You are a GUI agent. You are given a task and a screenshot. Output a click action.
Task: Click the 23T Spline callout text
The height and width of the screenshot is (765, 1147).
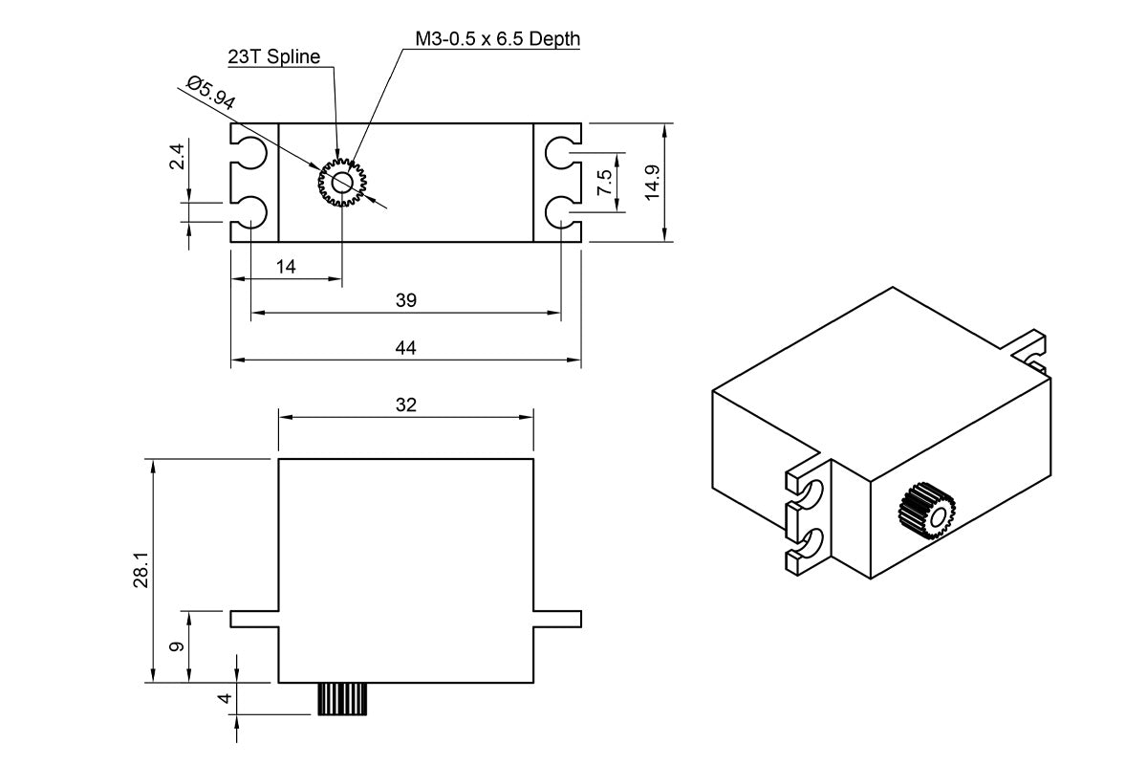273,56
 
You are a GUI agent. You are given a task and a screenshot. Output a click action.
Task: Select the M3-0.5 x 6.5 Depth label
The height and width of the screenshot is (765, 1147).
497,39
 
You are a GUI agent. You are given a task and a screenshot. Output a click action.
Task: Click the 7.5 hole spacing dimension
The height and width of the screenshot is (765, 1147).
604,183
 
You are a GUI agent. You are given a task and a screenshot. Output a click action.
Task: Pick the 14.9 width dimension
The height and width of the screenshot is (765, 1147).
653,182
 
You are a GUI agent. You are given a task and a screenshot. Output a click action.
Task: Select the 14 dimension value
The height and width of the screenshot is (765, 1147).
286,267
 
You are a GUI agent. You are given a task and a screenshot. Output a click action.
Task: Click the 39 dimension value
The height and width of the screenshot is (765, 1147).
405,300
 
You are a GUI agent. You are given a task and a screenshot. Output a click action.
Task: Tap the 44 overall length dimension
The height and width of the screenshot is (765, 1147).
405,348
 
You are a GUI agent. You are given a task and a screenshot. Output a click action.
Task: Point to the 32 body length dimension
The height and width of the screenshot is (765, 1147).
405,404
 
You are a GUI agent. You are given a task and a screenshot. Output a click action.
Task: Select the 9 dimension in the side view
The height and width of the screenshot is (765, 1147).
177,646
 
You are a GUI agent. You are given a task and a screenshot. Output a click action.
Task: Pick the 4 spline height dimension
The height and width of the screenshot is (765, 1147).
226,698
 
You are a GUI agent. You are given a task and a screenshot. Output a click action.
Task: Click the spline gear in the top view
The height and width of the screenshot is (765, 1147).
342,182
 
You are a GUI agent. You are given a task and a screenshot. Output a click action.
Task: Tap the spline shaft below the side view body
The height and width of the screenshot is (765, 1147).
342,699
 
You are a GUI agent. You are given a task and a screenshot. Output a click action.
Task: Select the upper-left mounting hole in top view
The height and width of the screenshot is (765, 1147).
251,153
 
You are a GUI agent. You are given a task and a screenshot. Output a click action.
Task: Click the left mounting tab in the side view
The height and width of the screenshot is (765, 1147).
254,619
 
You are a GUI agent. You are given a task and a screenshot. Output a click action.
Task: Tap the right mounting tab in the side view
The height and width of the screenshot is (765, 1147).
557,619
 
